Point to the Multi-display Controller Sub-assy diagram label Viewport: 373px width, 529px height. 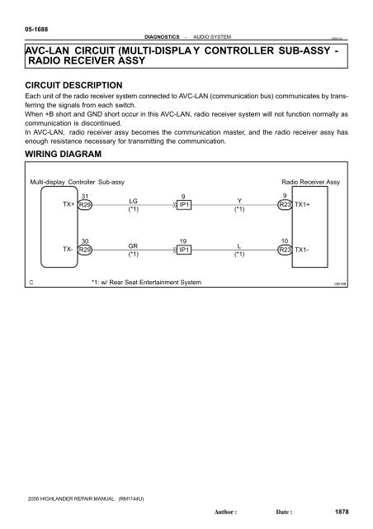[78, 181]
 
